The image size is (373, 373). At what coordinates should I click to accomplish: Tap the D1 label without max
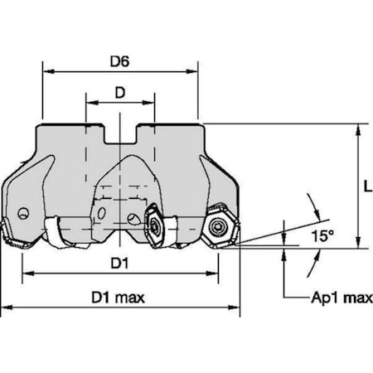(119, 264)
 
